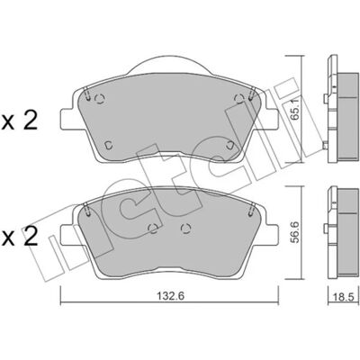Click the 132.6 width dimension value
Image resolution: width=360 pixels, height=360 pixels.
(x=170, y=296)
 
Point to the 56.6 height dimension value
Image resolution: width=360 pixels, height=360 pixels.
(x=295, y=231)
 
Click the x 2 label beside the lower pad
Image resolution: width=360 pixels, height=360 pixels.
(x=20, y=236)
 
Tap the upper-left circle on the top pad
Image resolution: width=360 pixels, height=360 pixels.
(x=99, y=99)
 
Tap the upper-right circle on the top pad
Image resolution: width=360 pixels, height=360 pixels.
(x=238, y=98)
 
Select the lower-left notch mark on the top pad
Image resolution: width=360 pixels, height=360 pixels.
(x=109, y=145)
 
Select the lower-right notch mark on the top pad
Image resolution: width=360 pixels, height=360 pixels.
(x=230, y=145)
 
